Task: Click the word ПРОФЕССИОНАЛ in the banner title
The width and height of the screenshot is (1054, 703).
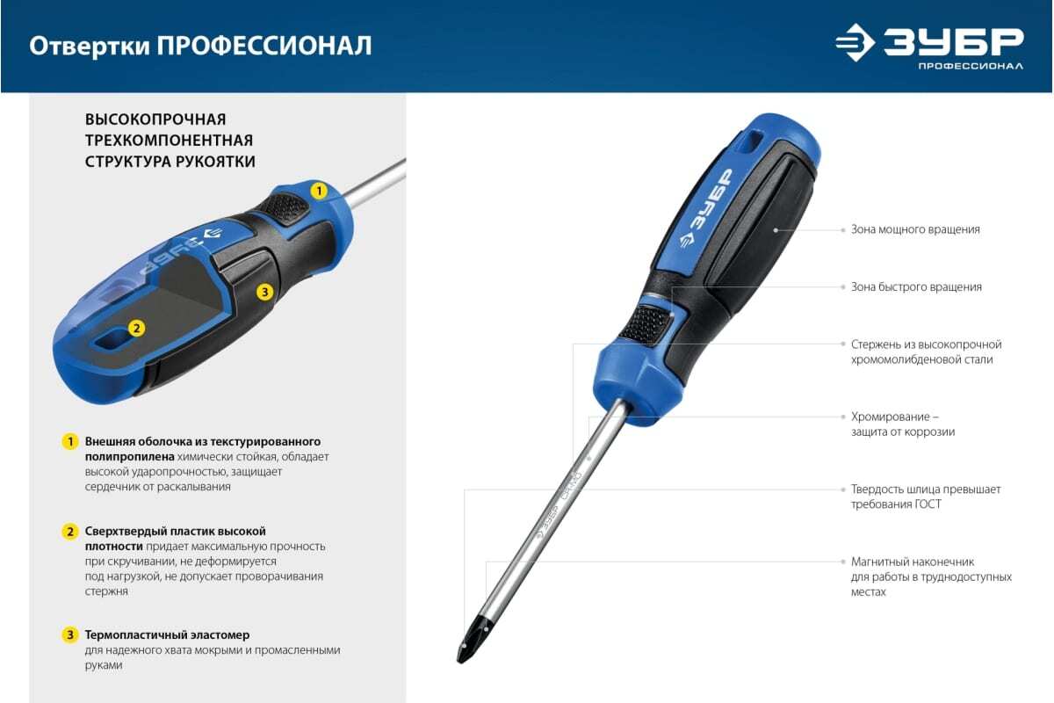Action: click(x=264, y=47)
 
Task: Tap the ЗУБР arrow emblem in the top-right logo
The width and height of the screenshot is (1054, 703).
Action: click(x=855, y=42)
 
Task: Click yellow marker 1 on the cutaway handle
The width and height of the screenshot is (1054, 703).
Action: click(x=319, y=191)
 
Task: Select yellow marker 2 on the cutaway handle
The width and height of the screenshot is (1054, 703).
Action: click(x=136, y=328)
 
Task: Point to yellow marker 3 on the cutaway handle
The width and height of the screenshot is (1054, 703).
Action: click(x=265, y=292)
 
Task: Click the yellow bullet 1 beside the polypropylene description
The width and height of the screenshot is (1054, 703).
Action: click(x=70, y=442)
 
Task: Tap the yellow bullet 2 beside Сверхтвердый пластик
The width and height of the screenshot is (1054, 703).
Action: click(x=70, y=532)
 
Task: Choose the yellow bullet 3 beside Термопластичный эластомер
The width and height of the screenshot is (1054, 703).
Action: click(x=70, y=634)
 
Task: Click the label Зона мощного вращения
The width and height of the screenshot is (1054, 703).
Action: click(x=915, y=229)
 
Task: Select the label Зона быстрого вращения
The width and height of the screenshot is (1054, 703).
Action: click(x=916, y=287)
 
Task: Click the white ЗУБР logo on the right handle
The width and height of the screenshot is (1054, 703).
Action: click(x=707, y=208)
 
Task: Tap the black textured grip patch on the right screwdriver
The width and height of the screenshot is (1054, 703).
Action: click(x=645, y=325)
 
